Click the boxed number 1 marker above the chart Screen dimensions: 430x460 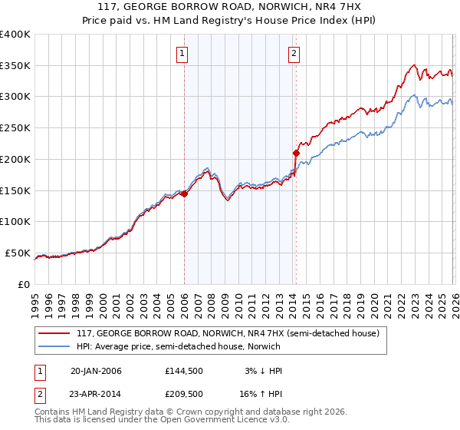click(x=182, y=53)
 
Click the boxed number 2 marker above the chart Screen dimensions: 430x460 click(x=294, y=53)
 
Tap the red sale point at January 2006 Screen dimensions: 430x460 click(x=184, y=194)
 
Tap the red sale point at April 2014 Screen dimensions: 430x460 click(x=296, y=154)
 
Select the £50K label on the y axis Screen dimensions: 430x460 click(x=18, y=253)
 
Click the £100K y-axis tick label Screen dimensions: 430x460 click(x=15, y=222)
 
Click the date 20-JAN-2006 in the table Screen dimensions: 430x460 click(x=96, y=371)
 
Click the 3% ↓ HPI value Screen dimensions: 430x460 click(x=263, y=371)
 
